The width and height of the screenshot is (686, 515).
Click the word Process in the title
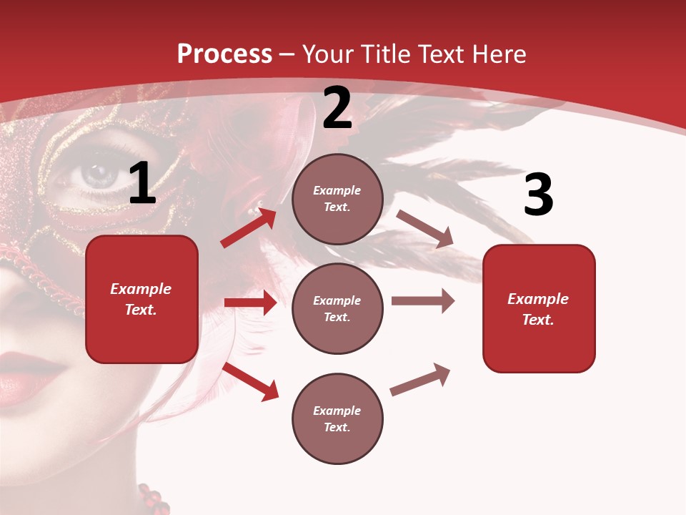(x=224, y=54)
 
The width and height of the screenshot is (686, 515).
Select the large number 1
(x=142, y=185)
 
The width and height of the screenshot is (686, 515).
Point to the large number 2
(x=337, y=109)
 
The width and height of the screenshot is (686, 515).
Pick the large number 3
(x=538, y=195)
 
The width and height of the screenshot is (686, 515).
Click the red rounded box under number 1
(x=141, y=299)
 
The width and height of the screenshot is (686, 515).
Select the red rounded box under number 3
(x=539, y=309)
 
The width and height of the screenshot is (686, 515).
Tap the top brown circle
(x=337, y=199)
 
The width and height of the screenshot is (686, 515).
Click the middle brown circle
(x=337, y=309)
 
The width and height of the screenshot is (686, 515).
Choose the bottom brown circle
(x=337, y=419)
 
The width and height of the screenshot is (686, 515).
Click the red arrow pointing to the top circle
(x=249, y=227)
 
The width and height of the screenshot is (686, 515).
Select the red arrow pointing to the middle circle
(x=250, y=303)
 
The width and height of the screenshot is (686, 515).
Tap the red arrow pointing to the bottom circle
(x=251, y=381)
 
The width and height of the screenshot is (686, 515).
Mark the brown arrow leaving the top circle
(x=424, y=229)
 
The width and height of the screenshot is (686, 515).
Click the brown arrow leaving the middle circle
(x=422, y=301)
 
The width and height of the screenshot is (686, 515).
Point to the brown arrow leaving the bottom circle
(x=420, y=379)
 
